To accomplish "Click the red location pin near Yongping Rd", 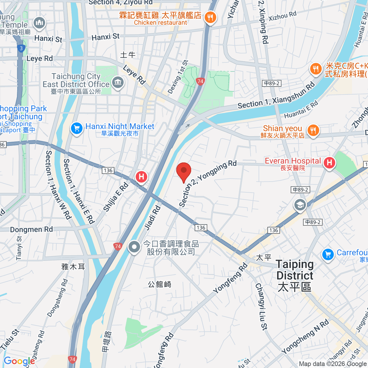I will pos(184,171).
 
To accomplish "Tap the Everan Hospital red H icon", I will pos(329,163).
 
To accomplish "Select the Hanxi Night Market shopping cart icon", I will pos(77,128).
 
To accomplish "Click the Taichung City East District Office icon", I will pos(118,82).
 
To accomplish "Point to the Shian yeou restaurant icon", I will pos(313,130).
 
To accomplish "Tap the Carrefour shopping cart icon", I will pos(328,254).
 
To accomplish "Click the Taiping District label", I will pos(294,275).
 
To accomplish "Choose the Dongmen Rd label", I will pos(31,230).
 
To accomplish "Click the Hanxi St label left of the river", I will pos(48,38).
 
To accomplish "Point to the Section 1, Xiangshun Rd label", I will pos(276,96).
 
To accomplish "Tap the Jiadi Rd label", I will pos(152,218).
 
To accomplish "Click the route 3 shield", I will pos(21,48).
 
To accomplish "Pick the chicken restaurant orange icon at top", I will pos(210,17).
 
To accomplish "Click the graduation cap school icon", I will pos(300,205).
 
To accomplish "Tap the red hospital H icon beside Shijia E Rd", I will pos(141,177).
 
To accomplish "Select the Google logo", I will pos(19,361).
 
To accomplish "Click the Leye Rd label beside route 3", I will pos(40,59).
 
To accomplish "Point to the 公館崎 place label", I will pos(159,284).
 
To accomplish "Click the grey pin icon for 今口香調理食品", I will pos(134,247).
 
